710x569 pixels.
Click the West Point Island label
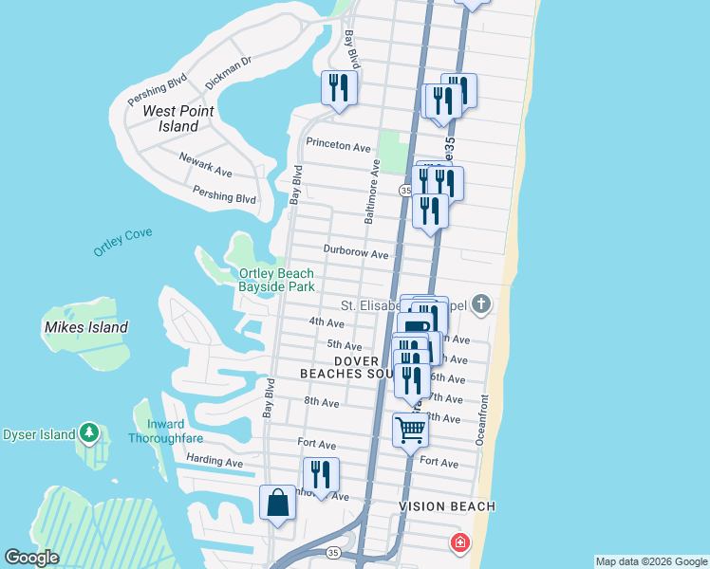[x=178, y=119]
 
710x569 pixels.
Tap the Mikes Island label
[x=85, y=327]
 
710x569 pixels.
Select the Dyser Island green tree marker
[x=90, y=433]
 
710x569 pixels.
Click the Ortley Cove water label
[x=122, y=243]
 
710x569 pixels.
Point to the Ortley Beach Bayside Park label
[x=275, y=280]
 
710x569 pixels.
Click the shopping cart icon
[x=410, y=430]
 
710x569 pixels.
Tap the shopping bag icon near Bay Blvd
[x=277, y=502]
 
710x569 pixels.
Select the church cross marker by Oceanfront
[x=481, y=303]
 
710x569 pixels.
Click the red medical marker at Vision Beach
[x=458, y=542]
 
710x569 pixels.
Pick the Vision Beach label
[x=447, y=506]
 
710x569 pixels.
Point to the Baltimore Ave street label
[x=371, y=192]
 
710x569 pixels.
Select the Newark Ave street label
[x=206, y=166]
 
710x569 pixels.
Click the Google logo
[x=32, y=559]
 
